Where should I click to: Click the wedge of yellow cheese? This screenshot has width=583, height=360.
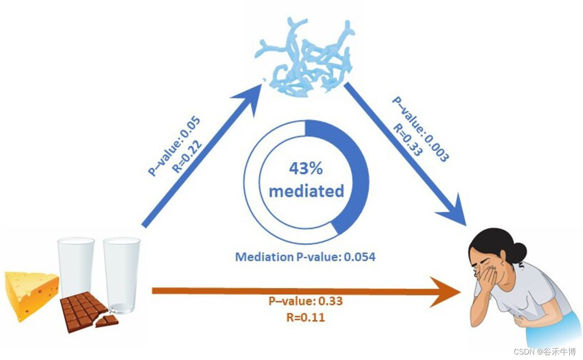pos(30,292)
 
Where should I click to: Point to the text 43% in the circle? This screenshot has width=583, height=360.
pos(306,169)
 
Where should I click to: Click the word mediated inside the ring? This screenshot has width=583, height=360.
pos(306,191)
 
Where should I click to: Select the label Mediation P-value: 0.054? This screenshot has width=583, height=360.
pos(305,257)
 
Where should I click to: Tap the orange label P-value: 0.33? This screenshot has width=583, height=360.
pos(305,301)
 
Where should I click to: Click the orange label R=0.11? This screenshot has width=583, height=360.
pos(305,317)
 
